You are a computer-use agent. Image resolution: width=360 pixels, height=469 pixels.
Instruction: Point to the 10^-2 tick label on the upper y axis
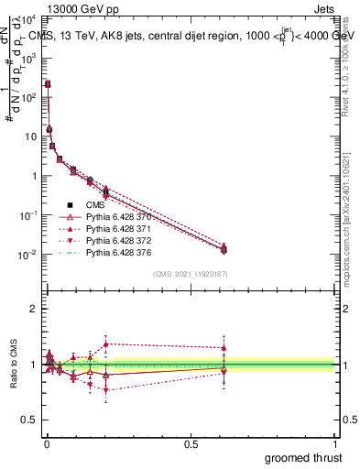27,255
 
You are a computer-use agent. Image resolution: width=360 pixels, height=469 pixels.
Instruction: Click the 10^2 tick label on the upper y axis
27,97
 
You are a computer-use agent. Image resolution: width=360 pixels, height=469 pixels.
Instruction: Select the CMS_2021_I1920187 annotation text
191,274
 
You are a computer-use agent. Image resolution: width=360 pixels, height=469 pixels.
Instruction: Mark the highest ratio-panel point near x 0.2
106,344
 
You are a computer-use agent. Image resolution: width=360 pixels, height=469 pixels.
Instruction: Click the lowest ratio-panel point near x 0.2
106,390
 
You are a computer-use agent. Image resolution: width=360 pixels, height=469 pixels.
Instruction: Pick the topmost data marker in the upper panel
48,83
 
